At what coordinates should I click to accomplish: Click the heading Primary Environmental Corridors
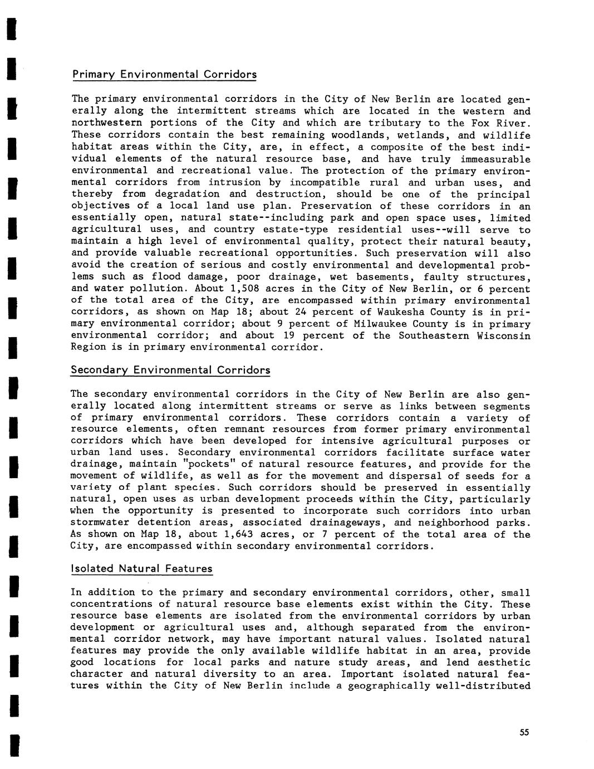click(x=164, y=75)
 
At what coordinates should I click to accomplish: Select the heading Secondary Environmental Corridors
click(x=170, y=370)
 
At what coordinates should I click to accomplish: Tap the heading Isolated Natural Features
click(x=141, y=569)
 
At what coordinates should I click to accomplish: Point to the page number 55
click(x=524, y=733)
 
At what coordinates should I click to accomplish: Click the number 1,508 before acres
click(x=242, y=289)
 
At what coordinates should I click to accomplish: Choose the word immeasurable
click(x=494, y=159)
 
